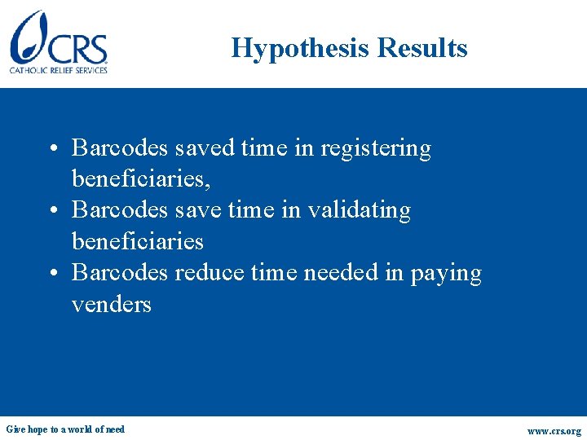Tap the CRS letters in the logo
point(78,48)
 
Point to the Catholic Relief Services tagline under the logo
point(59,70)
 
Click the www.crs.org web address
point(554,431)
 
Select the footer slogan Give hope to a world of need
point(65,429)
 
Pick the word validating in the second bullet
point(358,210)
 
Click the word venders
point(112,304)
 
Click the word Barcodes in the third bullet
point(121,272)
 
